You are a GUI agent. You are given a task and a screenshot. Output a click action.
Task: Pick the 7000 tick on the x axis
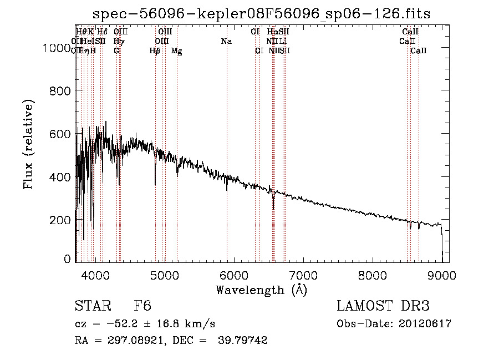(x=303, y=275)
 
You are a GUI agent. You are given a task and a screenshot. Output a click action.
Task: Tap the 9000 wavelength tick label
(x=442, y=275)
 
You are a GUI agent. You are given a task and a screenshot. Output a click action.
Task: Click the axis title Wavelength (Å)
(x=261, y=290)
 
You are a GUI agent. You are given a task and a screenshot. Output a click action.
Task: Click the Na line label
(x=226, y=42)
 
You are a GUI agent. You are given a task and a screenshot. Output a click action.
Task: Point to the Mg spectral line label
(x=176, y=51)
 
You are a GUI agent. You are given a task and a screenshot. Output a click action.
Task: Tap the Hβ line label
(x=155, y=51)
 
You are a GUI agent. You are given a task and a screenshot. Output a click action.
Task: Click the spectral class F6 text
(x=142, y=306)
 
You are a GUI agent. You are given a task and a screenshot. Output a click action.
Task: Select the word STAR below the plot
(x=91, y=306)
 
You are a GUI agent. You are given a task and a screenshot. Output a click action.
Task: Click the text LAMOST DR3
(x=383, y=306)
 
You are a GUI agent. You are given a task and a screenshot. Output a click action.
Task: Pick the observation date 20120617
(x=426, y=324)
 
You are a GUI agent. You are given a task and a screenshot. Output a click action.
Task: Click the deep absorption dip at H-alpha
(x=273, y=206)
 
